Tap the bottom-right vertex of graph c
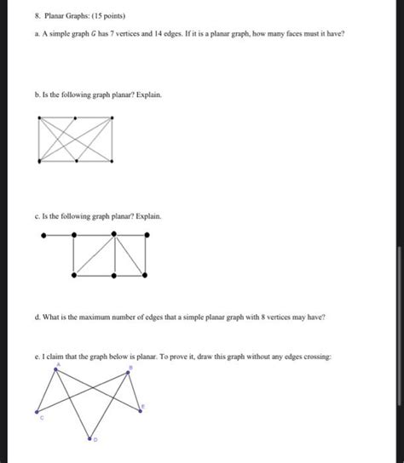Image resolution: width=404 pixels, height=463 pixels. click(x=147, y=274)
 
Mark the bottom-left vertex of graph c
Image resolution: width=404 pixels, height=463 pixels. click(x=75, y=274)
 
